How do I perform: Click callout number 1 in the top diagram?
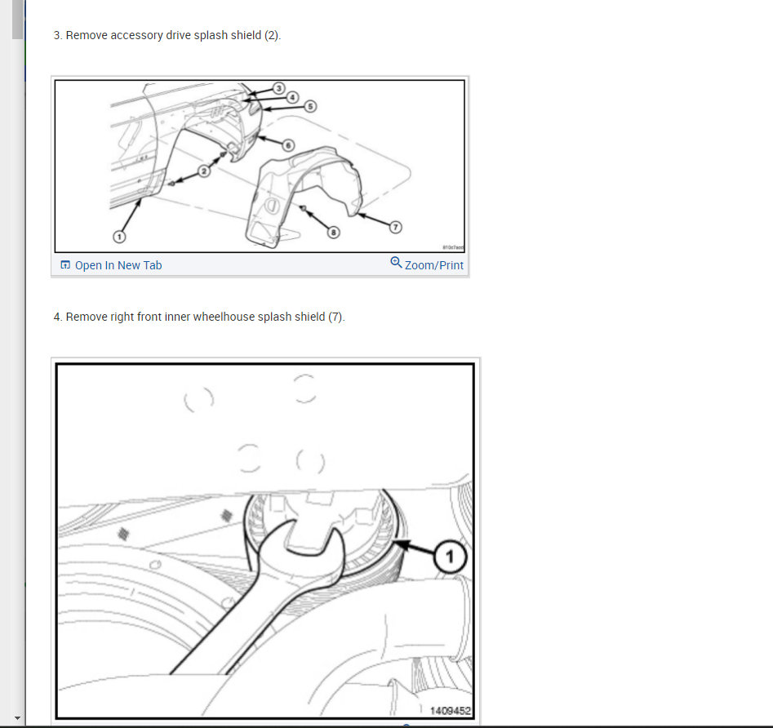(x=119, y=236)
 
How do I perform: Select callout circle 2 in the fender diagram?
(x=204, y=171)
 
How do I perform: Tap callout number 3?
(x=278, y=88)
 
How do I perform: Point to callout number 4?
(x=293, y=96)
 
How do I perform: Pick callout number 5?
(x=309, y=106)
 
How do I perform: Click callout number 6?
(x=287, y=144)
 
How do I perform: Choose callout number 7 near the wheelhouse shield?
(x=397, y=226)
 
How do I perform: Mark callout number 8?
(x=332, y=232)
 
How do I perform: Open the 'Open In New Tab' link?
(x=118, y=265)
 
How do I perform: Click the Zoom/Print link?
(x=433, y=265)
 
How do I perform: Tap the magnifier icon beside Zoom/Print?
(x=396, y=263)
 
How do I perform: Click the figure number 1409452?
(x=451, y=710)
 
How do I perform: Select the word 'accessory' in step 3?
(x=133, y=36)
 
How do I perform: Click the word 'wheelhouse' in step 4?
(x=223, y=317)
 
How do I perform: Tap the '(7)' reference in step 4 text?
(x=335, y=317)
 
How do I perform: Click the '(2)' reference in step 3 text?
(x=272, y=36)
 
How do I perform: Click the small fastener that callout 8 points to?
(x=304, y=209)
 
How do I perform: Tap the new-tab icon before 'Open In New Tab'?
(x=65, y=265)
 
